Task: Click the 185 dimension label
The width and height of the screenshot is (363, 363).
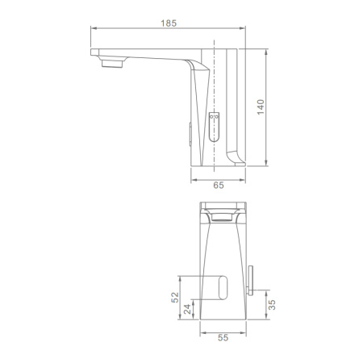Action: point(169,23)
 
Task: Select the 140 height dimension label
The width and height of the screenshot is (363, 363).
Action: point(261,107)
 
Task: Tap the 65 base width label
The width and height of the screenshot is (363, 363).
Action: point(219,186)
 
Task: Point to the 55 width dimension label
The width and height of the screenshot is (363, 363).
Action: point(223,337)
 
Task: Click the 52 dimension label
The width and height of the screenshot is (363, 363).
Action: point(175,298)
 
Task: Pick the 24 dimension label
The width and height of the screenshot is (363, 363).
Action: point(187,309)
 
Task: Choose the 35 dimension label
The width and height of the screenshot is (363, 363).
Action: point(272,305)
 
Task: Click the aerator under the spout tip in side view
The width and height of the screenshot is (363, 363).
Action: point(112,64)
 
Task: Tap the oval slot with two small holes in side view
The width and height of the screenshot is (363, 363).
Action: point(214,127)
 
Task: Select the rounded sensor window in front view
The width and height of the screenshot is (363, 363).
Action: point(223,288)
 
